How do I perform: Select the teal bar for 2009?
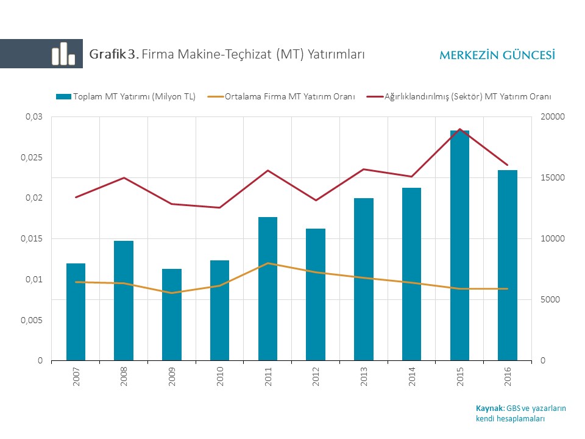click(172, 315)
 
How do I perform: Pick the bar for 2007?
click(76, 312)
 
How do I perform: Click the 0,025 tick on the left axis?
click(32, 157)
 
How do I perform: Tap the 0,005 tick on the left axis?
click(32, 320)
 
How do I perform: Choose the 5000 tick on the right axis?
click(551, 300)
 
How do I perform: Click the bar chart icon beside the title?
click(63, 54)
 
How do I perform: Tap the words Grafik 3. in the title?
click(114, 54)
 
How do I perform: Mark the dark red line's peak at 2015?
click(460, 129)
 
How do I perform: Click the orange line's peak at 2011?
click(268, 263)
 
